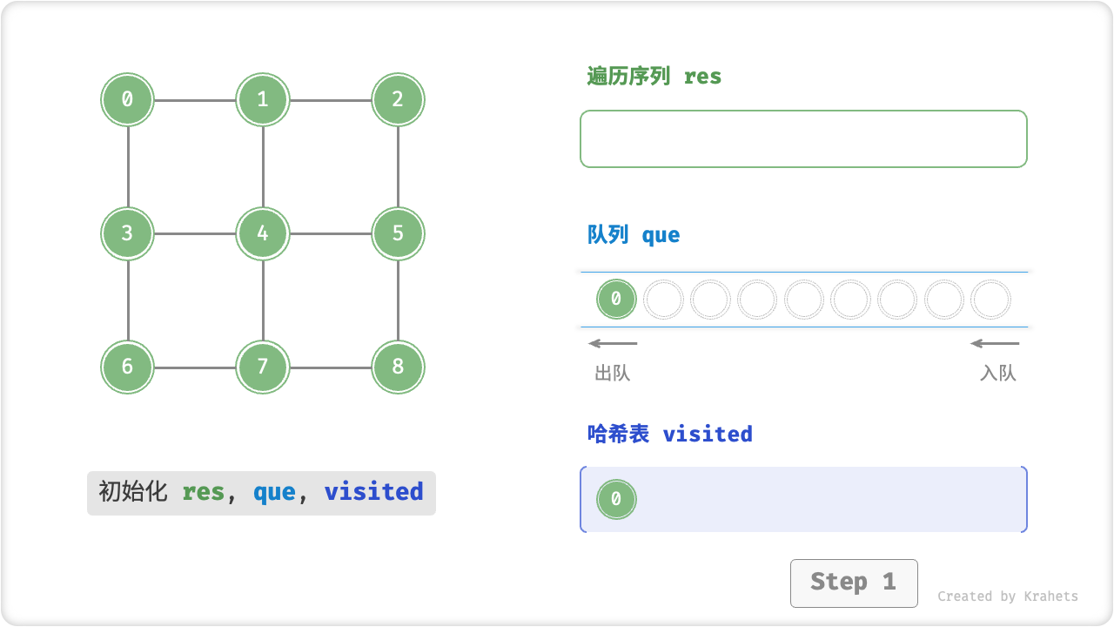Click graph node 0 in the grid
(x=127, y=99)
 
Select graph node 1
(x=263, y=99)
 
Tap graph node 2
(x=398, y=99)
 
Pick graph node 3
(x=127, y=233)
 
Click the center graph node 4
(x=263, y=233)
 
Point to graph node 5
(x=398, y=233)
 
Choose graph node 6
(x=127, y=367)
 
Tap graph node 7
(x=263, y=367)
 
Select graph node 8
(x=398, y=367)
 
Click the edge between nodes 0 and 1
(x=195, y=100)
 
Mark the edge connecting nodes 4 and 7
(x=263, y=300)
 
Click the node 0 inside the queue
(x=616, y=300)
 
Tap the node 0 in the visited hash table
(x=616, y=500)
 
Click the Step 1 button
(x=854, y=583)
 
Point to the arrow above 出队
(x=613, y=343)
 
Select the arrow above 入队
(x=995, y=343)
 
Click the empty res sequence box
(x=803, y=138)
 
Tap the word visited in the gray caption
(x=373, y=492)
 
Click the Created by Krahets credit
(x=1007, y=597)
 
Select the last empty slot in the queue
(x=990, y=300)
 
